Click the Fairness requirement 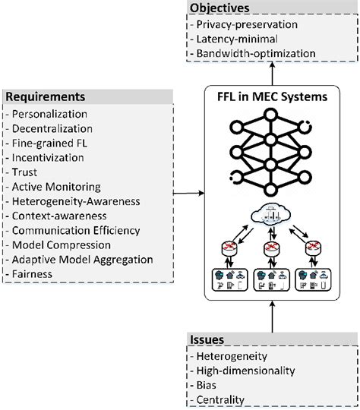[30, 273]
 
